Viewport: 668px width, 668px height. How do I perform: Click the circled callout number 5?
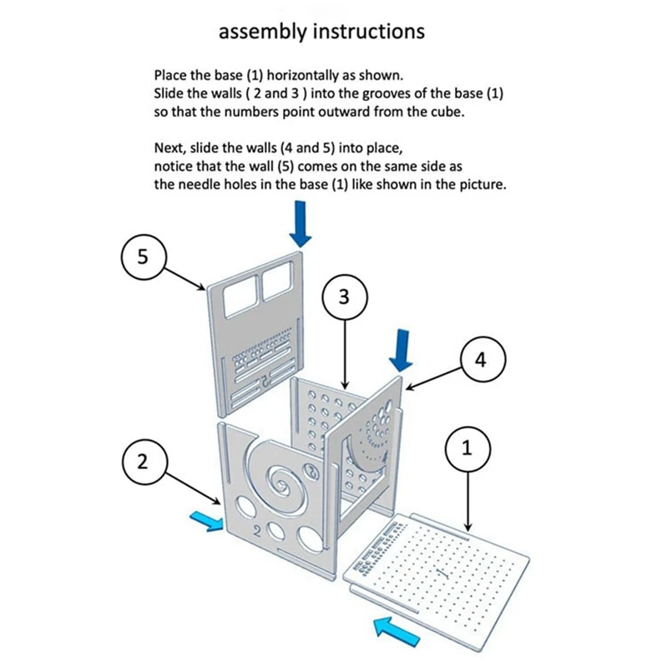[144, 256]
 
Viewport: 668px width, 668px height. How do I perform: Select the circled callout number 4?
[478, 359]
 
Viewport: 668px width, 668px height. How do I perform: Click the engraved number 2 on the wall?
[258, 530]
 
